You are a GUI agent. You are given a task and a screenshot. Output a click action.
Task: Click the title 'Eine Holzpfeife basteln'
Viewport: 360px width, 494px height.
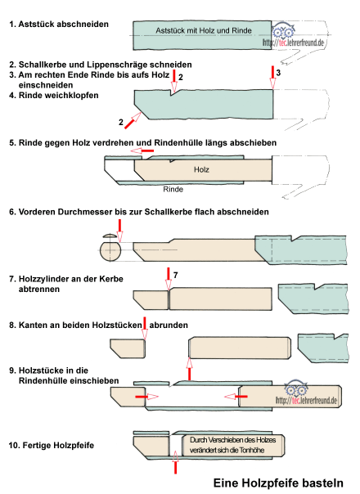[x=278, y=483]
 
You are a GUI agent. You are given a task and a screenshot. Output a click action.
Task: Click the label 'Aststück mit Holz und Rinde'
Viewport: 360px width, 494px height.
[x=204, y=30]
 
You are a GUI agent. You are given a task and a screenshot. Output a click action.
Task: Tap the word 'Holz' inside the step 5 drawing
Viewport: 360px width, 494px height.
[x=201, y=169]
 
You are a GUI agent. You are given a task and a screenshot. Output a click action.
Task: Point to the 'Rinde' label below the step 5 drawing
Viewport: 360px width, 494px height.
[x=173, y=189]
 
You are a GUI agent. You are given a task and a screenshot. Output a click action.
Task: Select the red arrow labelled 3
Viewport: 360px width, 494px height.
[x=272, y=78]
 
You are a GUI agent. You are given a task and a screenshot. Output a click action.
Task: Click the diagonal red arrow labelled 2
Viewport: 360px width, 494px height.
[x=133, y=121]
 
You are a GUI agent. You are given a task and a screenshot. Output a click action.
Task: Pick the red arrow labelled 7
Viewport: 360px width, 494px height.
[x=169, y=279]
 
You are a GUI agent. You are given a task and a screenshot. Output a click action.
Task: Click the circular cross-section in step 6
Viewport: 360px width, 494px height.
[x=110, y=251]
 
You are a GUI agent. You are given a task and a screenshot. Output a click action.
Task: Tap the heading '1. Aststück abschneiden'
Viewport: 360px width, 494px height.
[x=59, y=25]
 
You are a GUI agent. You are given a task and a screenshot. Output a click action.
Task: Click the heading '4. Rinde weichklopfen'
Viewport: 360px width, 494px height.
[x=54, y=95]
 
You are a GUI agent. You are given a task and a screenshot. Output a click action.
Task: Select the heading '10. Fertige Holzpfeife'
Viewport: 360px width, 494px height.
[x=52, y=445]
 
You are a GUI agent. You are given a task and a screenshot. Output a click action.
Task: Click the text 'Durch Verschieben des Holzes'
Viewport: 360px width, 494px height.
[x=232, y=440]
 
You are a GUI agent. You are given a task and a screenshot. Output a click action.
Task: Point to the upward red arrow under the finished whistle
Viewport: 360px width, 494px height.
[x=175, y=462]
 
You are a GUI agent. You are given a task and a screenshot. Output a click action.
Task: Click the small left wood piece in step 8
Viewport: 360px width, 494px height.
[x=128, y=348]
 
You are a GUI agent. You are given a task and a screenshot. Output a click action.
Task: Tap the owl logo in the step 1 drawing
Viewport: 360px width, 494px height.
[x=283, y=31]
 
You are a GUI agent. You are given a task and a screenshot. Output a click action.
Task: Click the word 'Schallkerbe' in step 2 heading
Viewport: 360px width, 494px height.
[x=43, y=65]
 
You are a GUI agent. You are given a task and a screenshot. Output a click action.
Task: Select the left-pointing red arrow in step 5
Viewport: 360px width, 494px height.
[x=142, y=151]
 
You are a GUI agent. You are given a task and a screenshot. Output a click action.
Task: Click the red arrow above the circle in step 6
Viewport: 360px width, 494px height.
[x=119, y=231]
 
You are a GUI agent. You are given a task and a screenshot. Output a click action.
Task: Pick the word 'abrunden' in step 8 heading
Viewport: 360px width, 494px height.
[x=169, y=325]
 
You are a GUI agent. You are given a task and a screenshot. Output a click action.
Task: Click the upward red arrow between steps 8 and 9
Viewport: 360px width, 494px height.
[x=189, y=369]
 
